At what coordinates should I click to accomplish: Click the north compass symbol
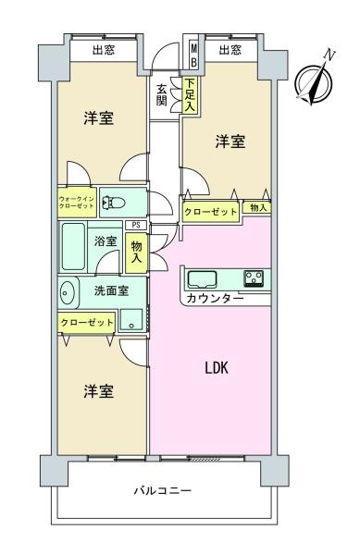coord(314,82)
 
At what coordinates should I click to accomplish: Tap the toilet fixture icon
coord(114,203)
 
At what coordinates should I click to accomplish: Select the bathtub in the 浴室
coord(73,246)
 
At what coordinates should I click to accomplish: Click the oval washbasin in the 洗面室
coord(67,293)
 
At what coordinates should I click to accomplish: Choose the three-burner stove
coord(254,277)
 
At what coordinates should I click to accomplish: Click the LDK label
coord(217,368)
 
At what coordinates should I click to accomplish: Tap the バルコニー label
coord(163,490)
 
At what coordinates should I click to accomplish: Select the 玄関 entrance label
coord(162,95)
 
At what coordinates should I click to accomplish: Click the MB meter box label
coord(194,55)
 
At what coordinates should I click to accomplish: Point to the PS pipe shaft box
coord(136,225)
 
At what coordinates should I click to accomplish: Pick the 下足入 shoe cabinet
coord(190,94)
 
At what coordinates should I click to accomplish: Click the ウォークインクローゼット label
coord(77,202)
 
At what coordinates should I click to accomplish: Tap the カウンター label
coord(215,299)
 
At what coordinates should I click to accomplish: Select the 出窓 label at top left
coord(104,50)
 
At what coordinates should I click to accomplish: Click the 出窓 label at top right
coord(230,50)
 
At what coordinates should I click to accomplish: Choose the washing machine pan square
coord(131,320)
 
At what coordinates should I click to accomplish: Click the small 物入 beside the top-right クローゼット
coord(258,207)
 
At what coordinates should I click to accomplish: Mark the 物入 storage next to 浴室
coord(136,252)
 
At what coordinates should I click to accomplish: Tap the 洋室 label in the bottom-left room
coord(99,391)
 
